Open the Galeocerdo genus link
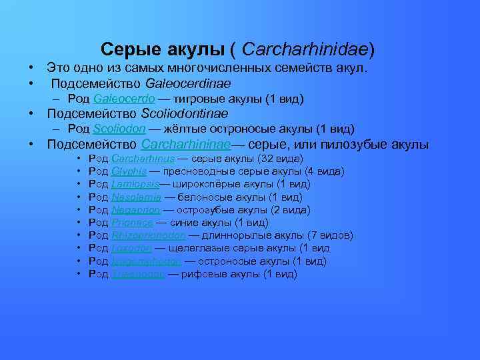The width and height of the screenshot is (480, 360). (125, 99)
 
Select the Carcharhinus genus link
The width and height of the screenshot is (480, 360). (143, 159)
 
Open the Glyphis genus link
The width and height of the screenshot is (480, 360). (129, 171)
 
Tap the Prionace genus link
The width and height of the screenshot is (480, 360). (133, 223)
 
